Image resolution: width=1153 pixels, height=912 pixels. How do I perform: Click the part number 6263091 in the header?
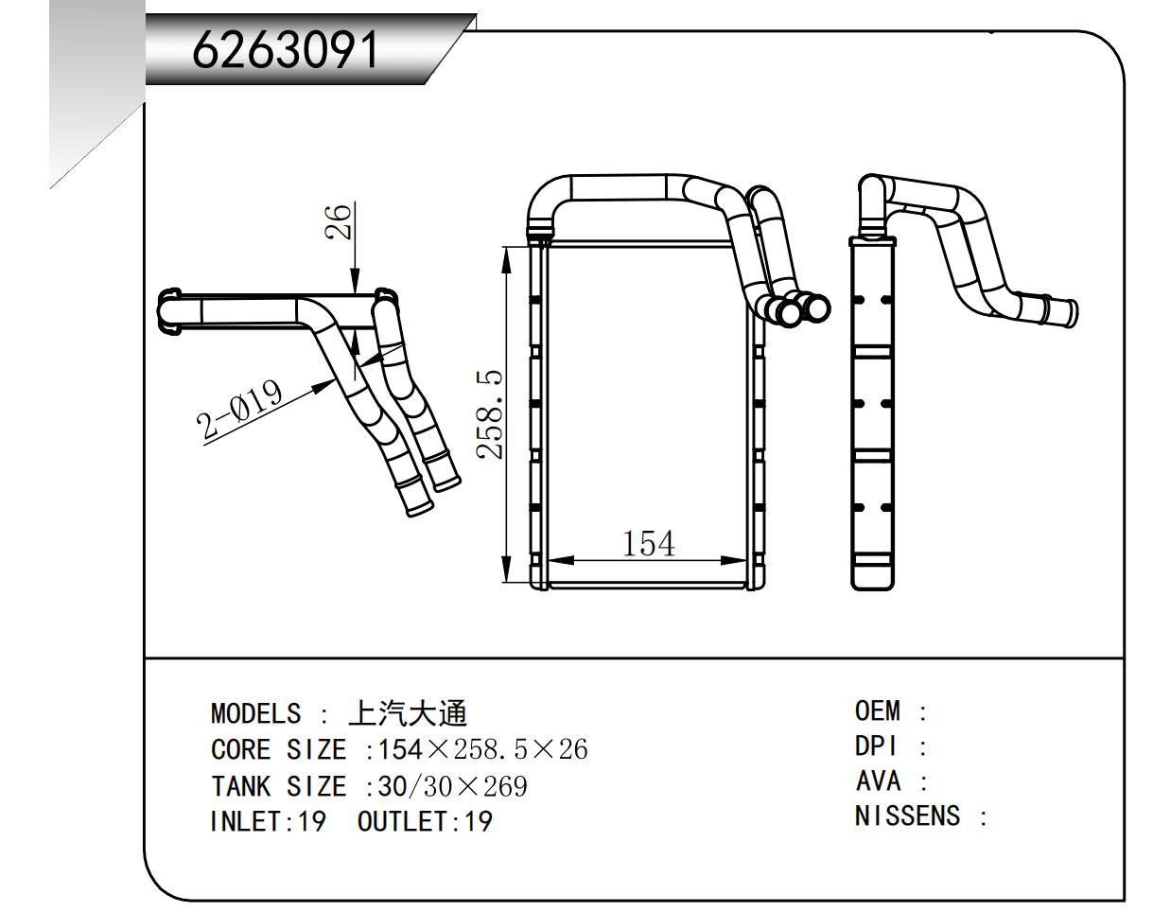285,50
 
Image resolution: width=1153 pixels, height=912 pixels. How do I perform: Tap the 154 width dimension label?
649,544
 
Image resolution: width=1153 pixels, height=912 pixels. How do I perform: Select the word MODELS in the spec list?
256,713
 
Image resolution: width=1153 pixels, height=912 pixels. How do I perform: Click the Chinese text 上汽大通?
408,712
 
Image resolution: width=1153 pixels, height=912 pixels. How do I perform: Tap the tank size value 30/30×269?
453,786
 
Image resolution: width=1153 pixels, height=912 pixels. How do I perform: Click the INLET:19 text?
268,821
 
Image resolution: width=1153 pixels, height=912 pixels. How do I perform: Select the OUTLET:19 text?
425,821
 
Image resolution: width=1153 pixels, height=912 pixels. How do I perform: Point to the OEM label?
878,710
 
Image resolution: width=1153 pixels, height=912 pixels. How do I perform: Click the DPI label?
875,746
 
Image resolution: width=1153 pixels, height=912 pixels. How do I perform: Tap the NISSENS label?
907,816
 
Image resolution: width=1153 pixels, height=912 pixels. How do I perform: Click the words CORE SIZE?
278,750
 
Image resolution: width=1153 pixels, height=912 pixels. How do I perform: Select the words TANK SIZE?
278,786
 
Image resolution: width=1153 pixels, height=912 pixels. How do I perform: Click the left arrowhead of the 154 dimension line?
556,560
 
